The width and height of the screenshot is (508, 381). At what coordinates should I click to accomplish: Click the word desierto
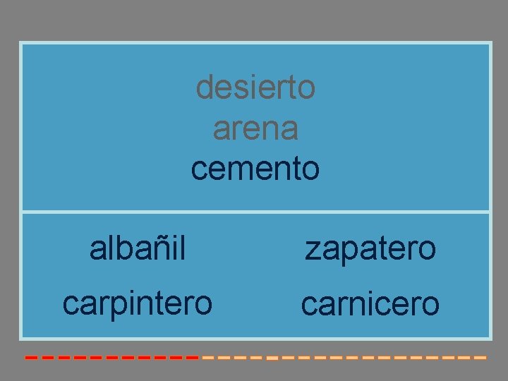click(255, 88)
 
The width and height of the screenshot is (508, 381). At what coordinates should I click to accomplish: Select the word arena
click(255, 129)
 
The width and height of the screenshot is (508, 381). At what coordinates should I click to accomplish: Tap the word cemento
click(255, 169)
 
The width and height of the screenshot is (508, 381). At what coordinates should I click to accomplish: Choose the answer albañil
click(138, 248)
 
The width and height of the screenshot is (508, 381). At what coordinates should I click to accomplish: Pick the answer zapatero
click(370, 248)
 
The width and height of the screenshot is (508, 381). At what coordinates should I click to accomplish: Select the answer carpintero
click(138, 303)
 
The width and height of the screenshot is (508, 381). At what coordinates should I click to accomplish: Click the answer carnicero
click(370, 304)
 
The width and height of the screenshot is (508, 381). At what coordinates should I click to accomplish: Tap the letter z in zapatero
click(310, 250)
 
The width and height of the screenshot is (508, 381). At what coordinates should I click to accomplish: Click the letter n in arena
click(270, 130)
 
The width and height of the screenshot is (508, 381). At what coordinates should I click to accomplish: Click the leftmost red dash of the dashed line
click(31, 358)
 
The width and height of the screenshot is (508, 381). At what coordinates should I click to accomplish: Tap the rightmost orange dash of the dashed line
click(480, 358)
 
